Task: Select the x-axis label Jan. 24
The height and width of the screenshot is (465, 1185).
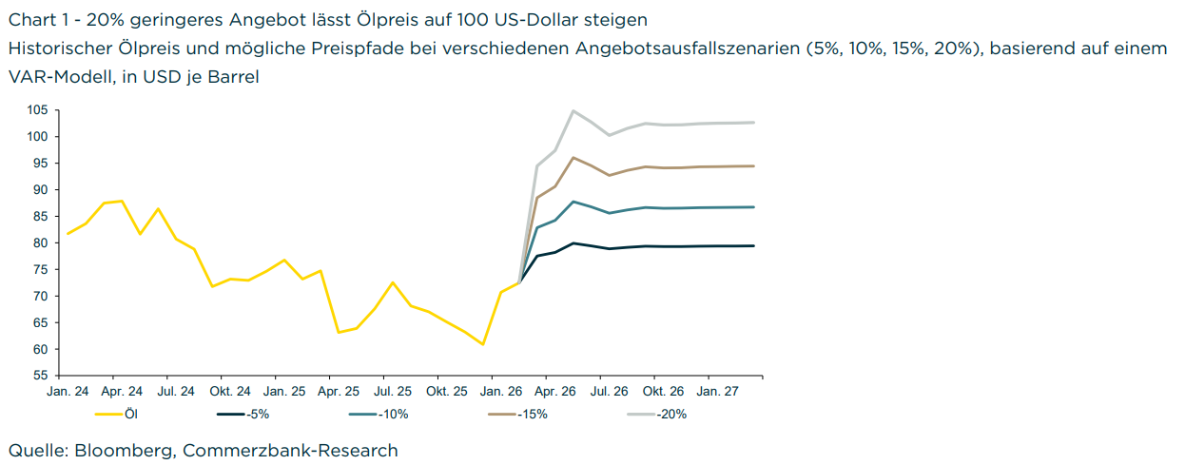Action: [68, 391]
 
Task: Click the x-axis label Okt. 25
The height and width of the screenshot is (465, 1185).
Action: [446, 391]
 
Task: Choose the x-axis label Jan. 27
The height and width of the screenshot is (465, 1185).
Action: [718, 391]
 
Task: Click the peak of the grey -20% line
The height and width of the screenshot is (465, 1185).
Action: [573, 111]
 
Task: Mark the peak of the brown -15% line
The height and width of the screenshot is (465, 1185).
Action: [573, 158]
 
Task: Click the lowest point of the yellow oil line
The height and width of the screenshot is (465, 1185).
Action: [483, 344]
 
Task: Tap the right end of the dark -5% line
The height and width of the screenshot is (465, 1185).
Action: [753, 245]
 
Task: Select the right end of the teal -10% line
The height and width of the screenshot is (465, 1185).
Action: [753, 207]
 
